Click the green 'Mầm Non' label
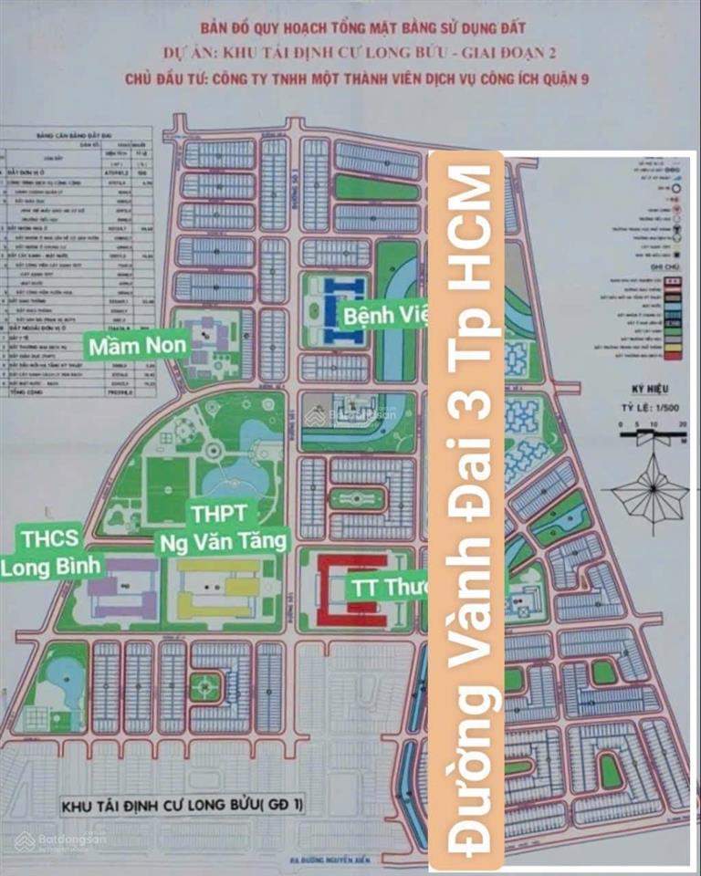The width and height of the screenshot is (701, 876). [137, 346]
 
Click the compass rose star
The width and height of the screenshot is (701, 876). [650, 490]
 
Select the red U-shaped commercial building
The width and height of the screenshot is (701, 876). [352, 590]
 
